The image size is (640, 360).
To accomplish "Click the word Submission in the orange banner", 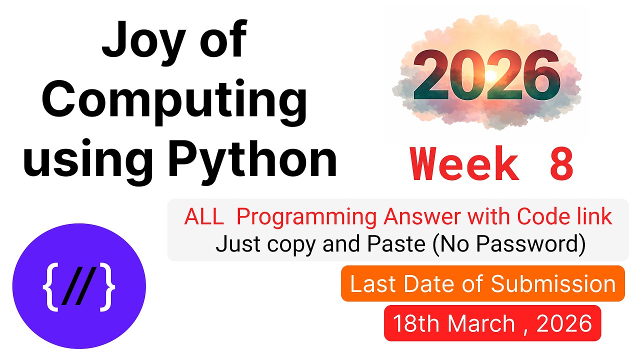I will [x=553, y=284].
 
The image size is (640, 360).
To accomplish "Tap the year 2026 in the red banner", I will [x=564, y=323].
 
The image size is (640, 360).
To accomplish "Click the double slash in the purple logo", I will [x=79, y=288].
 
